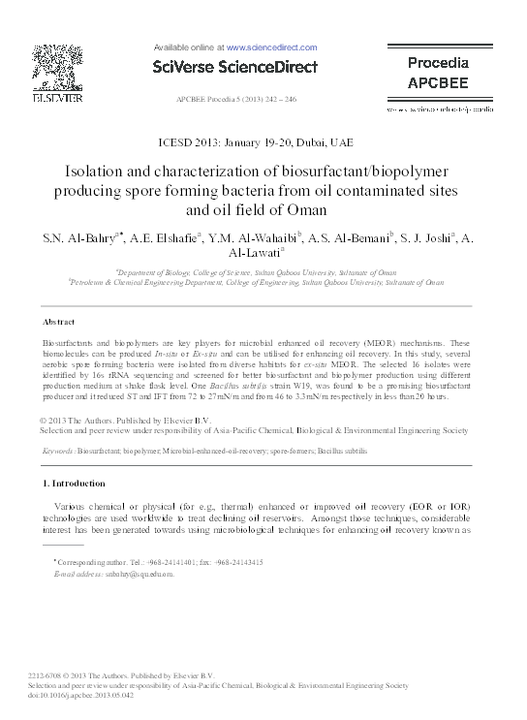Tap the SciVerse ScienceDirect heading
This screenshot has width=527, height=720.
pyautogui.click(x=235, y=67)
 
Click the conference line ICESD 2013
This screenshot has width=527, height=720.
pyautogui.click(x=263, y=141)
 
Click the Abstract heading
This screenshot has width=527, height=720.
pyautogui.click(x=61, y=321)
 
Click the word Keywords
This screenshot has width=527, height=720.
pyautogui.click(x=57, y=452)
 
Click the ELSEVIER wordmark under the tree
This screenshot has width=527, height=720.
pyautogui.click(x=48, y=98)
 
